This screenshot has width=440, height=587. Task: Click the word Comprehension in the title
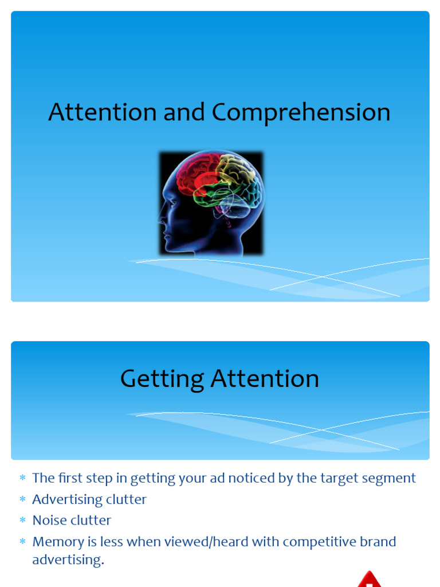[301, 113]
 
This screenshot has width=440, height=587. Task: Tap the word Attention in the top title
[103, 112]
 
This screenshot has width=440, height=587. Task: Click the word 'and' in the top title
[184, 112]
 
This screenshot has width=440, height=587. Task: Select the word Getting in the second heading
[162, 379]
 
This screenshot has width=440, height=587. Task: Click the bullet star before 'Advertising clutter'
[22, 499]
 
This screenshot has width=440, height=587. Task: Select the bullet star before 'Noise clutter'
[22, 521]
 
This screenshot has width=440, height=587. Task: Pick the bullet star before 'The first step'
[22, 478]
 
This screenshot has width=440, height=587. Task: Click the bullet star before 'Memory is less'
[22, 542]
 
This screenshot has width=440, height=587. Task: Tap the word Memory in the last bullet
[58, 542]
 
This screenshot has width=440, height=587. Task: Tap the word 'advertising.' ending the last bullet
[68, 560]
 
